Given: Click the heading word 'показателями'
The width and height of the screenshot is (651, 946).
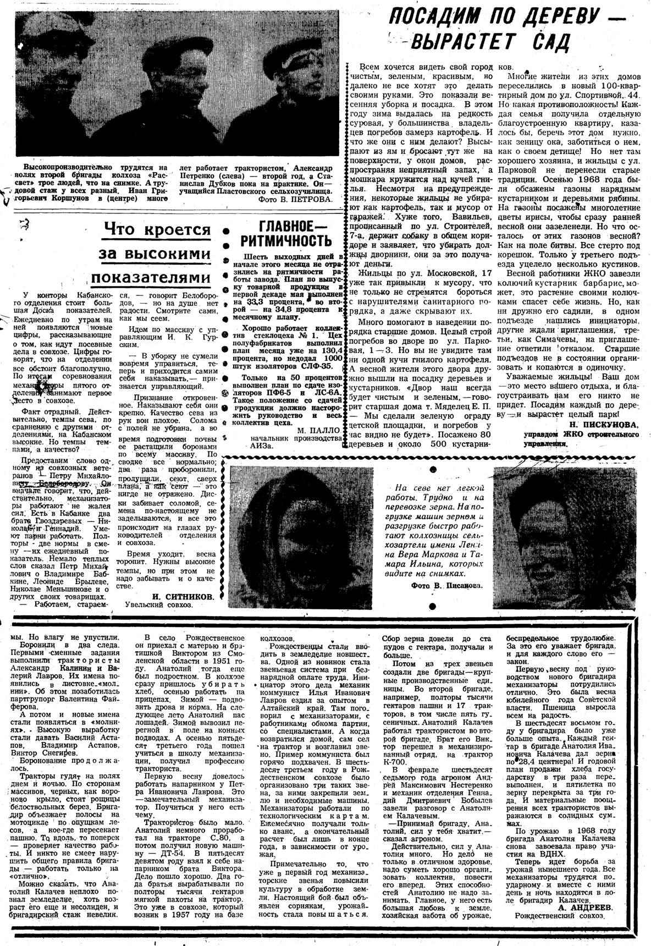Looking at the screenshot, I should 151,276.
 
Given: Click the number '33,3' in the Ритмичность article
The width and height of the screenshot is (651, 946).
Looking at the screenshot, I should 255,301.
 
